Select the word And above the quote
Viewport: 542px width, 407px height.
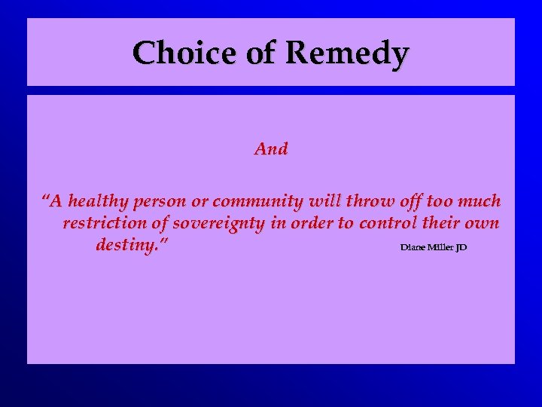click(271, 148)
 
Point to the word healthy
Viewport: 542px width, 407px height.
click(98, 202)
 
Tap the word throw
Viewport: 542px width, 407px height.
click(362, 201)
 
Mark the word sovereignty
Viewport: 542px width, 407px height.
click(226, 224)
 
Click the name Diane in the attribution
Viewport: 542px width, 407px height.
click(413, 247)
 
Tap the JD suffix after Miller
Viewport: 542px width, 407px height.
click(461, 247)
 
